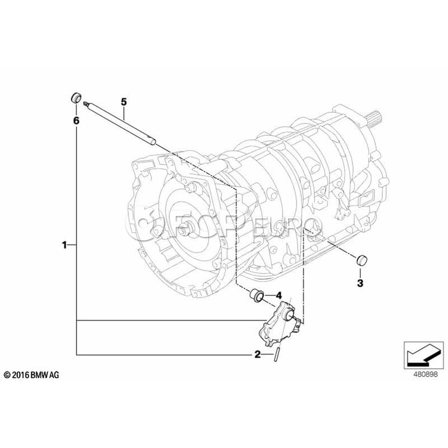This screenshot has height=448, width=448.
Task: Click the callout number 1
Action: click(65, 245)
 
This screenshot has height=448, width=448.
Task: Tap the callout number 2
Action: click(258, 354)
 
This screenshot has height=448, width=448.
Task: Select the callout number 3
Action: click(360, 283)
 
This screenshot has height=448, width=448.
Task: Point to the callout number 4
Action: click(279, 295)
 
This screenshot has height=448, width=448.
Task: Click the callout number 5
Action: click(123, 102)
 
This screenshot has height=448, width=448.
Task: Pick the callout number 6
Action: click(76, 121)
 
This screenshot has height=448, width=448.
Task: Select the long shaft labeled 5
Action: click(119, 123)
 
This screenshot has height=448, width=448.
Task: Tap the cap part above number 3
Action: click(362, 260)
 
